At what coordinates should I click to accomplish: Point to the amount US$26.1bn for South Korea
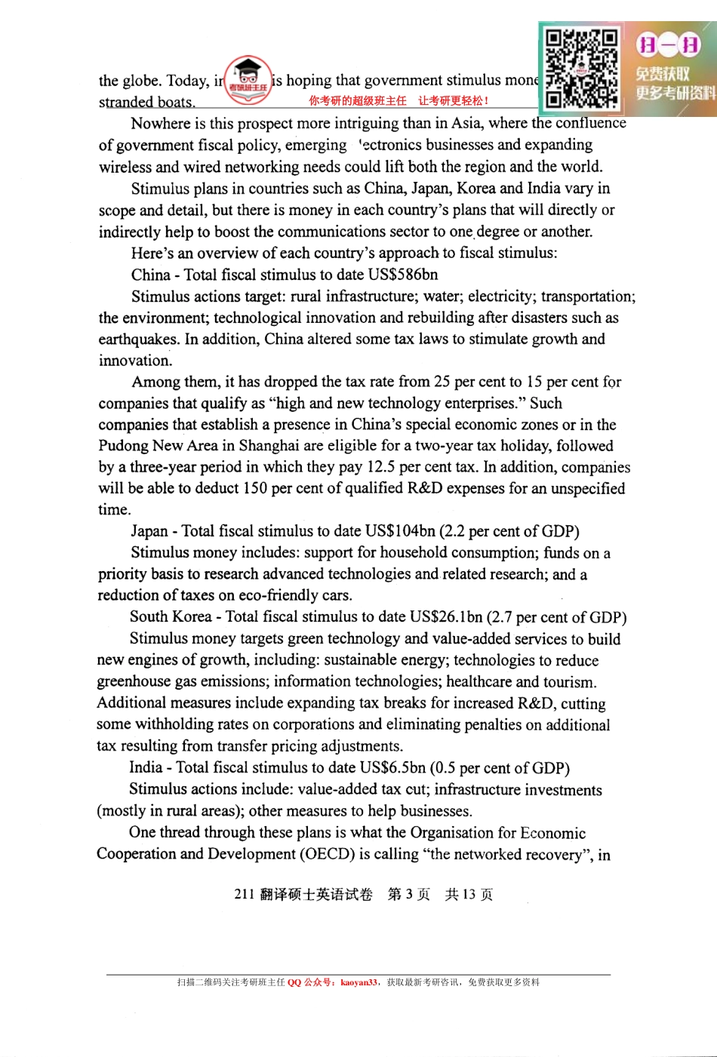coord(446,617)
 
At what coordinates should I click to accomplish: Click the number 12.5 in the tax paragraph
coord(381,467)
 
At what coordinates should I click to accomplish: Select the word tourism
coord(568,682)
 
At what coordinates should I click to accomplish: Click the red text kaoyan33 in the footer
coord(358,982)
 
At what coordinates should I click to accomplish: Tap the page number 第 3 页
coord(408,895)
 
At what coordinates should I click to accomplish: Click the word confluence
coord(590,123)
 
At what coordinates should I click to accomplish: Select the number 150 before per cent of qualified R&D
coord(255,488)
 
